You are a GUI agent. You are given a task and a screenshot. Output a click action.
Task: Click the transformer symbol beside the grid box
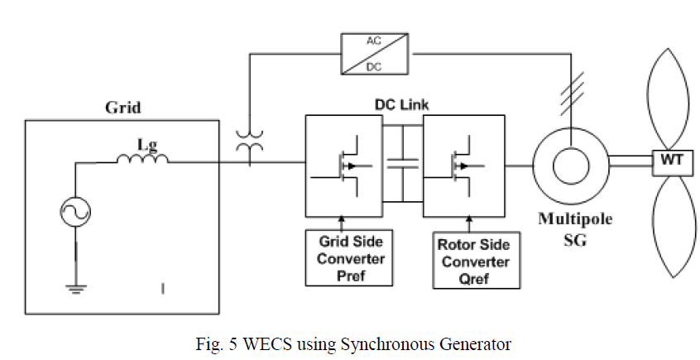click(245, 147)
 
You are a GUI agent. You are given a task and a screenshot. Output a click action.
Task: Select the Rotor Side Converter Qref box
click(477, 260)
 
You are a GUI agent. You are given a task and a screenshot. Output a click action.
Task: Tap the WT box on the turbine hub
click(670, 160)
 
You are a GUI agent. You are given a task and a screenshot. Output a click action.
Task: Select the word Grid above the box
click(122, 108)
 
